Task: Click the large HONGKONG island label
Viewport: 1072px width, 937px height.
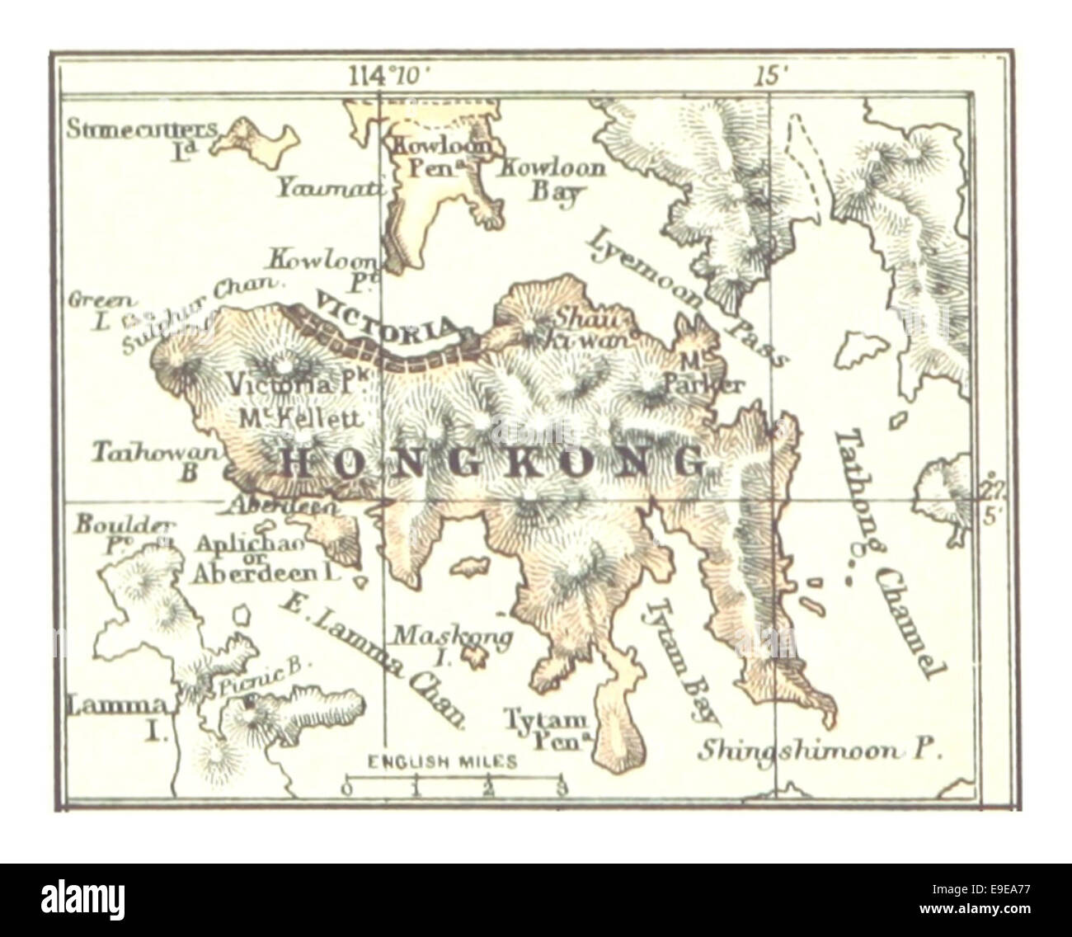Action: click(492, 462)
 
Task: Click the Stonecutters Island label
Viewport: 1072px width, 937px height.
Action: click(143, 137)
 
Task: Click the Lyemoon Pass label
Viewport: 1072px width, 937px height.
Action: click(686, 295)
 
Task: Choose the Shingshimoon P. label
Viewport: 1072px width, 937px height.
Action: click(820, 751)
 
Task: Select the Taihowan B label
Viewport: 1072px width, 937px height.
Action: click(156, 460)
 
